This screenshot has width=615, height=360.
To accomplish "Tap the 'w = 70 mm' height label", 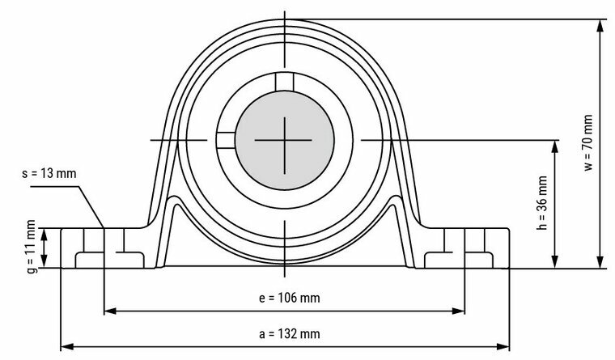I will pos(588,142).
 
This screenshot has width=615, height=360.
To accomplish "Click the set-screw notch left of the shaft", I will pos(224,140).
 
